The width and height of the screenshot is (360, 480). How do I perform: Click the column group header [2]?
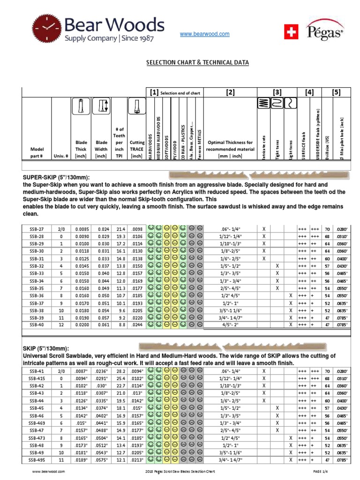point(229,93)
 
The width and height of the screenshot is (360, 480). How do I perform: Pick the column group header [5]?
point(336,93)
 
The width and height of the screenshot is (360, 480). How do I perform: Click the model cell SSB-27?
point(36,229)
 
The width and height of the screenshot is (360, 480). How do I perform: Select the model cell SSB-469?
point(36,423)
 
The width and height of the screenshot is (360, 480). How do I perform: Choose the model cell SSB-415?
point(36,378)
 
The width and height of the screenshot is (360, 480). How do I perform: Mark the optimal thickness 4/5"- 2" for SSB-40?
point(229,324)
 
